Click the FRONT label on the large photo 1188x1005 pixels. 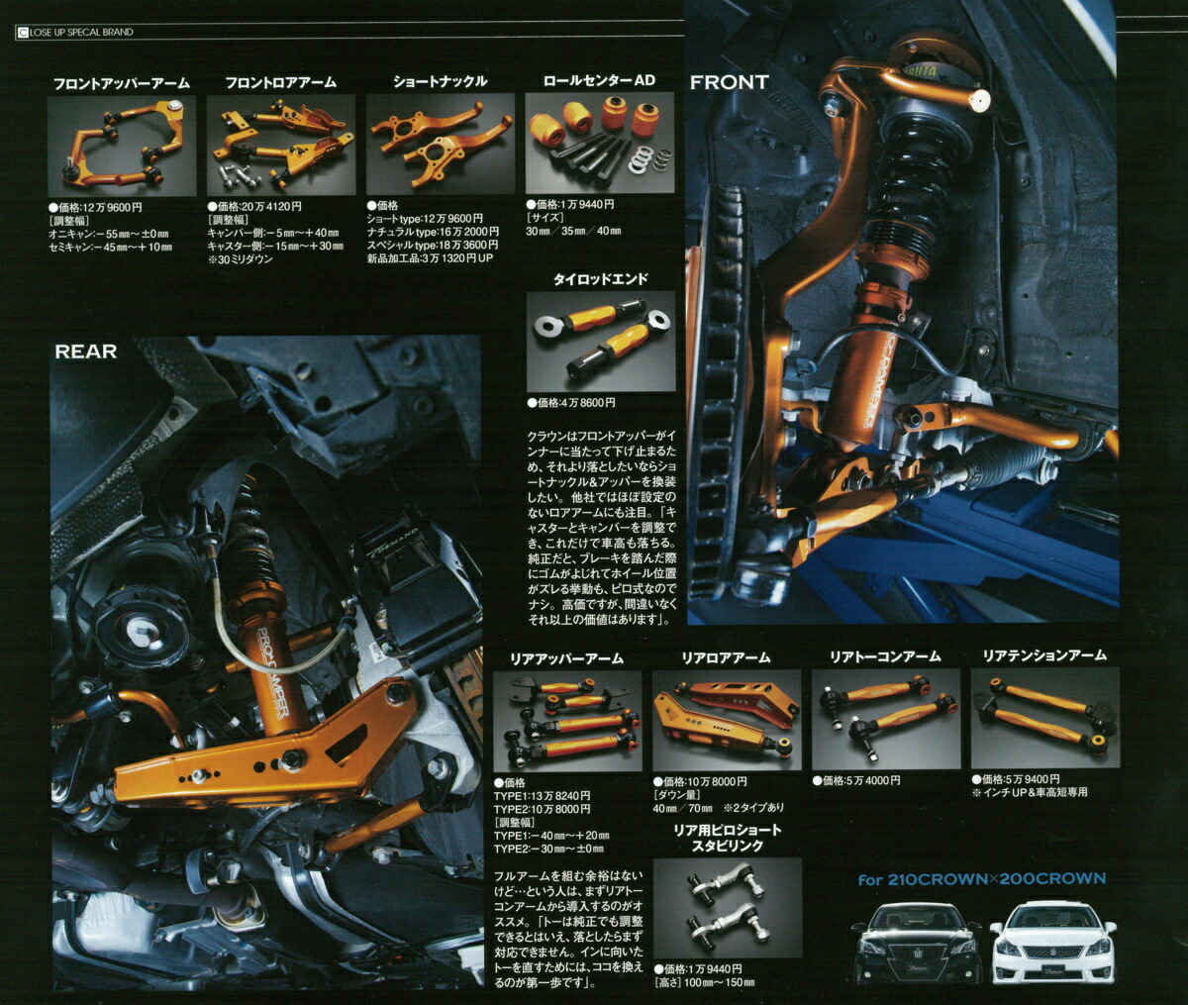point(729,82)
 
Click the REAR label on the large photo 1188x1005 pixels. point(86,352)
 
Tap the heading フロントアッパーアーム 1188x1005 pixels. point(121,83)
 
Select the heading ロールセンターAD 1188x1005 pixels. point(599,80)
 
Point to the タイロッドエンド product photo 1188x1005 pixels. point(600,341)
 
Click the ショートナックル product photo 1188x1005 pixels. point(440,145)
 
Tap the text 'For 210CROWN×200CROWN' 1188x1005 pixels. point(981,878)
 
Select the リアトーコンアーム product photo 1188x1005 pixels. point(885,718)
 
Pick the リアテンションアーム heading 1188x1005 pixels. point(1043,655)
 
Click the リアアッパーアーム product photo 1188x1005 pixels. point(566,720)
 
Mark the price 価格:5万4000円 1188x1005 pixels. point(859,780)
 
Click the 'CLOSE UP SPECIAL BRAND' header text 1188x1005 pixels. point(80,33)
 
